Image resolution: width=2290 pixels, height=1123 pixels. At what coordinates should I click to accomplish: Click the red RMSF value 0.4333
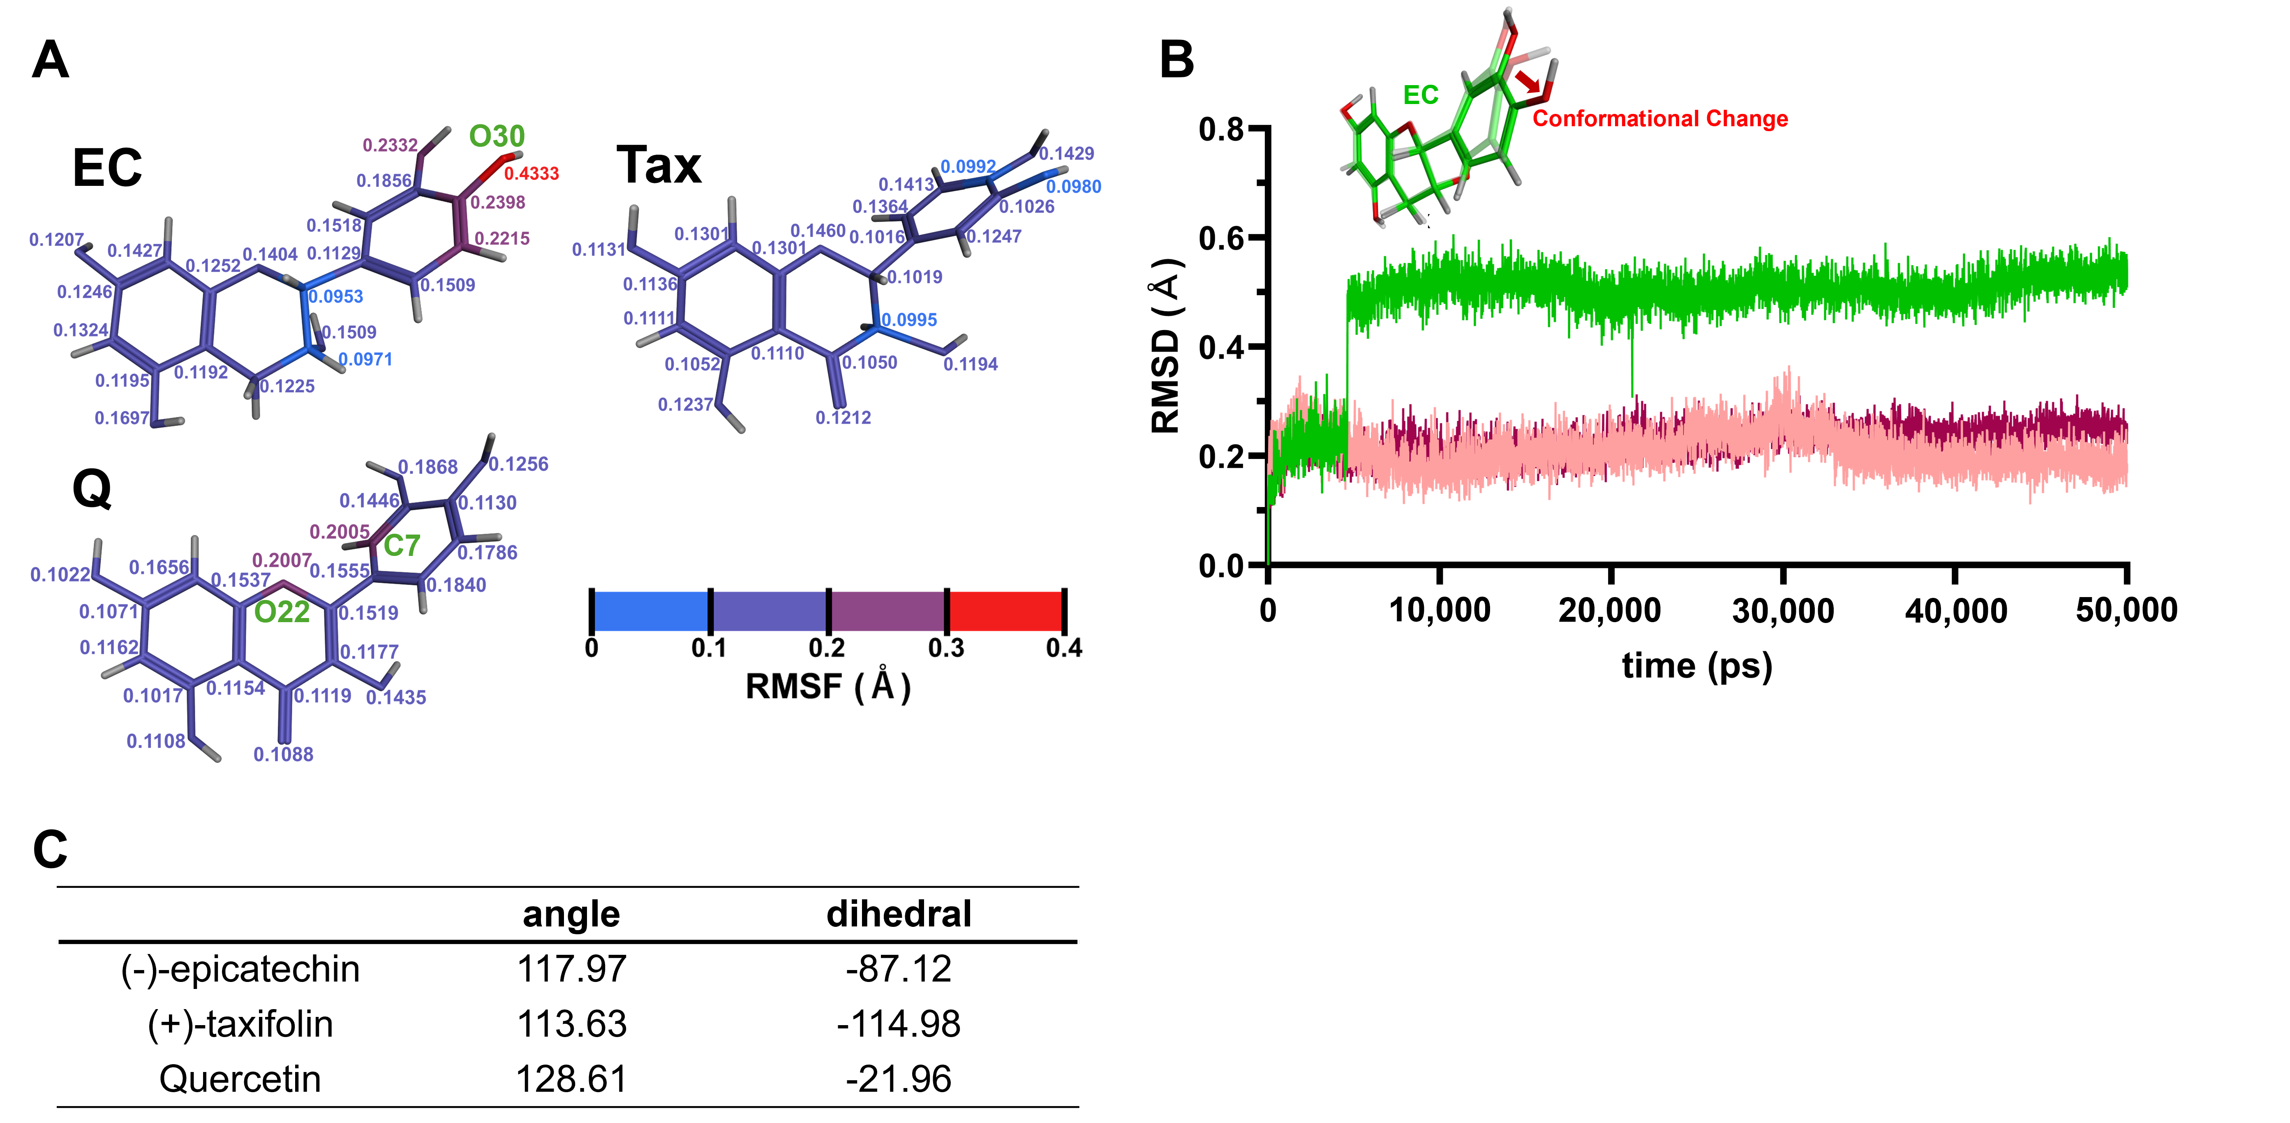531,174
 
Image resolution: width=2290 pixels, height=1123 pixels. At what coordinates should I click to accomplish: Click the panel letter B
1176,60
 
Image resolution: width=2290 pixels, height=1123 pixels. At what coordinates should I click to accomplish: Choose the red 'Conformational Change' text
1660,119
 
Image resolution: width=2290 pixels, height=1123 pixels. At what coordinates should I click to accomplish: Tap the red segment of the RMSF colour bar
1005,611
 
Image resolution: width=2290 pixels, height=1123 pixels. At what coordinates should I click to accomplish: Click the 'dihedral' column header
899,914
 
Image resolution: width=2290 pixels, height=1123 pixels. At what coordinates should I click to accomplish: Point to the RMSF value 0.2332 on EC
390,145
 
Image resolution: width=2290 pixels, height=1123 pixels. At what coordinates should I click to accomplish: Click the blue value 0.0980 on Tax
1073,187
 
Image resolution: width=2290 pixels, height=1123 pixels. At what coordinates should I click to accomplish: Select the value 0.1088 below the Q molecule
284,754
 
